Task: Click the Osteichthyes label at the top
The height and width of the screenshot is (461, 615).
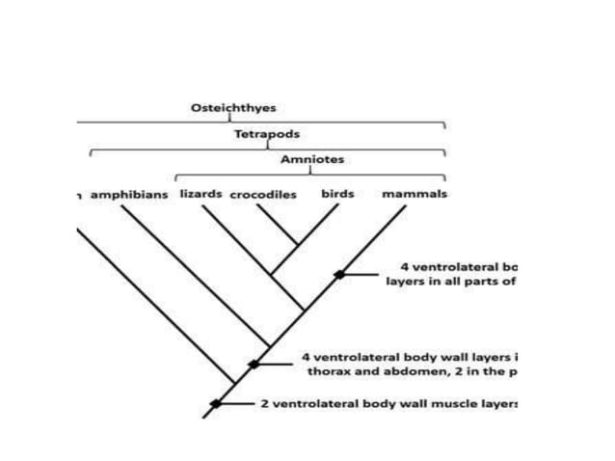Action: click(x=228, y=107)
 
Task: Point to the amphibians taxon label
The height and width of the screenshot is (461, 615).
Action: click(x=129, y=194)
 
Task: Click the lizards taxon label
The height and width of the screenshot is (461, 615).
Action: click(x=201, y=193)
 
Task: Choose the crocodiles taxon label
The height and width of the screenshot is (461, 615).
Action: click(x=263, y=194)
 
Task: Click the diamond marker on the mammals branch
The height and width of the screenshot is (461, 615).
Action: click(x=339, y=274)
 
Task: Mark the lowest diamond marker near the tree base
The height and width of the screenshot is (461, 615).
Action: click(x=216, y=403)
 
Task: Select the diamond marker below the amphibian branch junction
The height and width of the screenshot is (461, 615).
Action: click(x=253, y=364)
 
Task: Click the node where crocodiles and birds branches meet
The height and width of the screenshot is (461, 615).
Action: click(x=298, y=244)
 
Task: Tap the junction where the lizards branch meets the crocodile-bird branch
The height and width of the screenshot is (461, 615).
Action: click(x=272, y=276)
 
